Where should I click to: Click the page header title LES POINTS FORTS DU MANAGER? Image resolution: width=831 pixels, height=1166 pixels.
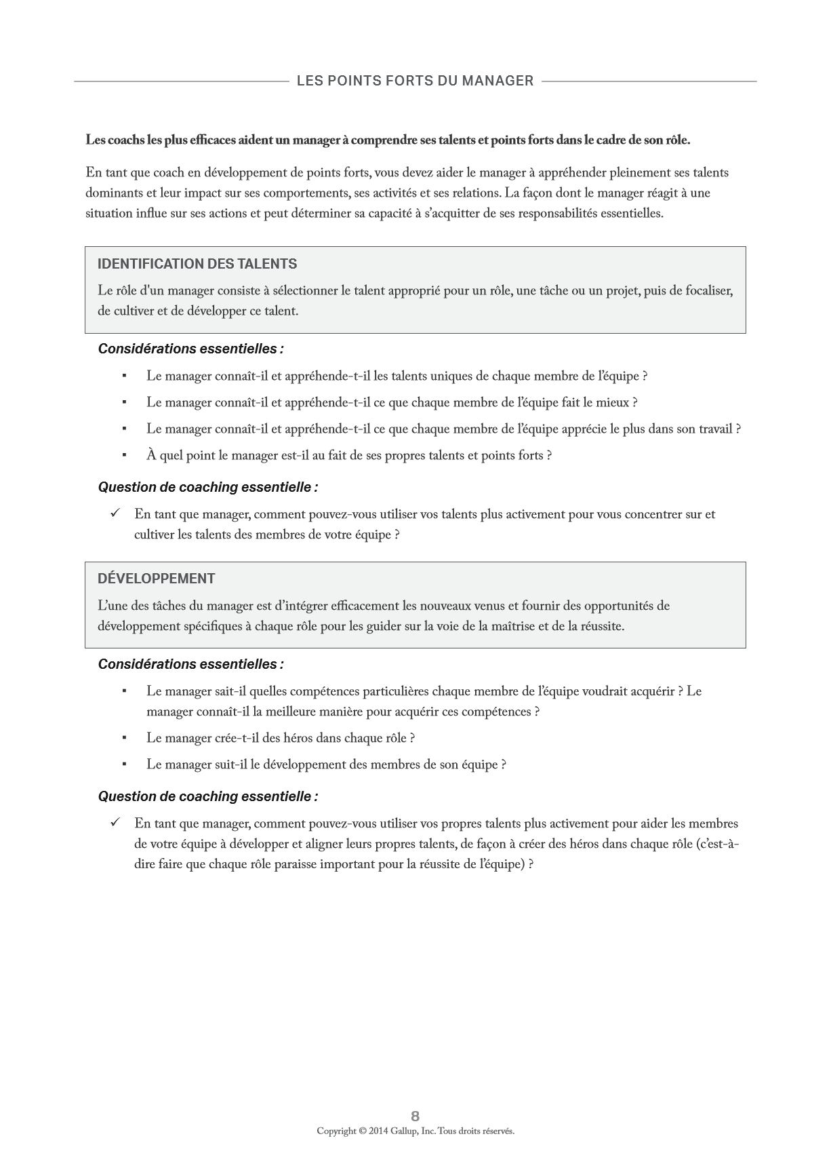tap(415, 81)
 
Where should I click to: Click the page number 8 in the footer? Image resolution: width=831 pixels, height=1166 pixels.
tap(415, 1116)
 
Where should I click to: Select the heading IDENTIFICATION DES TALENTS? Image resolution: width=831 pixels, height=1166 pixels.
tap(197, 264)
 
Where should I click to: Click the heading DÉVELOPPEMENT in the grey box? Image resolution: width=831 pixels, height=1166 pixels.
tap(156, 579)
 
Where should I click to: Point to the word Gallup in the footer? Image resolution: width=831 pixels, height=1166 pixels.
tap(405, 1131)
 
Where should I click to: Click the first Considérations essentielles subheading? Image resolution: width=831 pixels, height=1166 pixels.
tap(190, 349)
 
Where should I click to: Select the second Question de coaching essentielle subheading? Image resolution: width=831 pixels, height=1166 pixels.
tap(208, 796)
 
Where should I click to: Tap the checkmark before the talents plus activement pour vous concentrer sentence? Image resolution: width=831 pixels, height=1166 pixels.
tap(115, 513)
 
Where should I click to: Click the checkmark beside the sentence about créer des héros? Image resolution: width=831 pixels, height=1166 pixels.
tap(115, 823)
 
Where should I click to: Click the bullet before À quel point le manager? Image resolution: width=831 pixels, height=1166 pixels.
tap(125, 455)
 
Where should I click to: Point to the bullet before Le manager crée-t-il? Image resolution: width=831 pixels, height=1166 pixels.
tap(125, 738)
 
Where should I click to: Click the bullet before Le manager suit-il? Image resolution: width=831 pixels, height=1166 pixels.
tap(125, 764)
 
